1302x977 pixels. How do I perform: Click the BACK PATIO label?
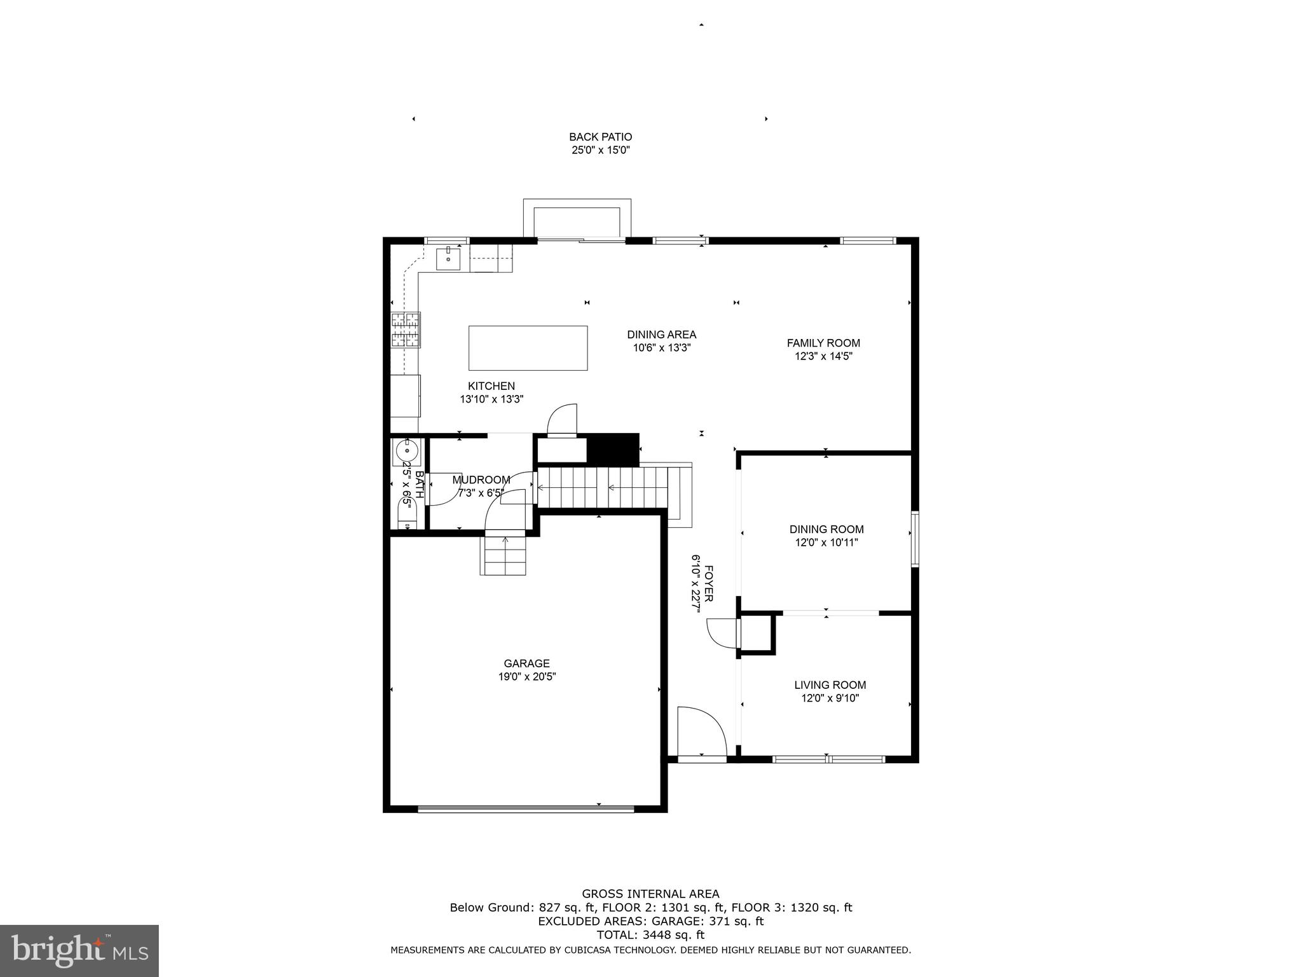tap(600, 137)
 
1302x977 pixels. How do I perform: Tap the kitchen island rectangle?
tap(528, 348)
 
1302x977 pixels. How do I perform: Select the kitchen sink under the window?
tap(448, 259)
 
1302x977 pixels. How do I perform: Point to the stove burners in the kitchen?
tap(406, 330)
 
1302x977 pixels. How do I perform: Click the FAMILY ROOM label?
tap(823, 343)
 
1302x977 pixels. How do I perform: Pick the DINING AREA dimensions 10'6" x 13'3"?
tap(661, 348)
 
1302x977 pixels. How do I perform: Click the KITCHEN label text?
tap(491, 386)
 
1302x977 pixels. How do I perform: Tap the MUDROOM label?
tap(481, 480)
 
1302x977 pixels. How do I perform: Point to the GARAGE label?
tap(526, 663)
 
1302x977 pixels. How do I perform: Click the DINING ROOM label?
tap(826, 529)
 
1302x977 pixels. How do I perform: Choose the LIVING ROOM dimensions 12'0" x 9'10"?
tap(830, 698)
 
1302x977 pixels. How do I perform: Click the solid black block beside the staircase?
tap(612, 450)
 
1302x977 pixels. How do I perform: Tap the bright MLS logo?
tap(79, 950)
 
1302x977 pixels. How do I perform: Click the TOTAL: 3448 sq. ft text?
tap(650, 935)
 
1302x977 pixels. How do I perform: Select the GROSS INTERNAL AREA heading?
tap(650, 894)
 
